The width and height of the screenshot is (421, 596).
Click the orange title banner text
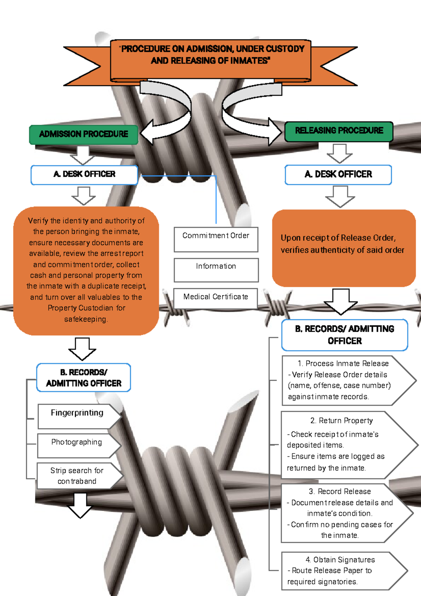point(210,55)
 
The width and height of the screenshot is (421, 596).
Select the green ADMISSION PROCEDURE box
point(83,134)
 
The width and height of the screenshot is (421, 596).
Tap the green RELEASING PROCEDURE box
point(339,131)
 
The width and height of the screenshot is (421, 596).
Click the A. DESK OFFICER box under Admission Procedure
point(84,174)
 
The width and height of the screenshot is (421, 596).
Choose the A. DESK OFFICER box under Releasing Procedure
point(338,174)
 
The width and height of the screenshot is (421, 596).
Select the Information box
point(216,269)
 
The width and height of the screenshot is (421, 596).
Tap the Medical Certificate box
point(215,298)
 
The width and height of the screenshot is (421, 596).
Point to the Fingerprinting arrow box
point(77,415)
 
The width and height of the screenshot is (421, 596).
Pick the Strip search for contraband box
point(77,476)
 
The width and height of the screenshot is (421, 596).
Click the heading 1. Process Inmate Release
point(343,364)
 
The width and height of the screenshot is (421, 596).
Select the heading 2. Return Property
point(341,420)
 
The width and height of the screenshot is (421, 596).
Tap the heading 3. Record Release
point(340,491)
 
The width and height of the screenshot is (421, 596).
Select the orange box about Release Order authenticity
point(343,247)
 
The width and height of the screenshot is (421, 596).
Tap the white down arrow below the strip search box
point(80,505)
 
